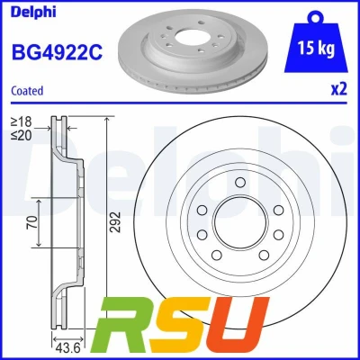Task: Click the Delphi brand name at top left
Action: (x=33, y=12)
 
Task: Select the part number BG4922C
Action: (x=57, y=52)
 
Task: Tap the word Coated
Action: (x=27, y=91)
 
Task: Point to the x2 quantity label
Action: (x=338, y=89)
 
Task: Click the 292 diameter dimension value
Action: (x=115, y=222)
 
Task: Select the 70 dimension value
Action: (x=33, y=222)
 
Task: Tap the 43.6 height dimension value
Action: (x=68, y=348)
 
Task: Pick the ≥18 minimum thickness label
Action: (x=21, y=121)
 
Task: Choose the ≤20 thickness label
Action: (x=21, y=136)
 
